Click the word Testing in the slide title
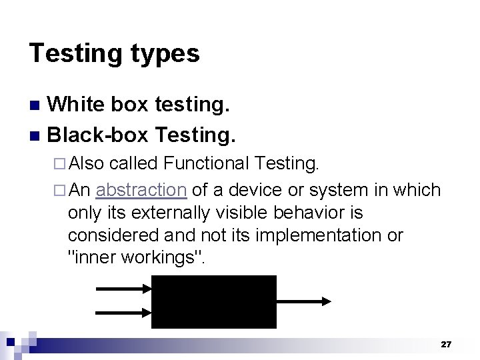coord(71,53)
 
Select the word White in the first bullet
coord(75,104)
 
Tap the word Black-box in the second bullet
coord(97,135)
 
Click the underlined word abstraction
coord(141,190)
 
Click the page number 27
coord(446,345)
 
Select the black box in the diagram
coord(213,301)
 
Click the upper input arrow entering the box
coord(124,289)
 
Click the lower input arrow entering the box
coord(124,313)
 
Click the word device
coord(255,190)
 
